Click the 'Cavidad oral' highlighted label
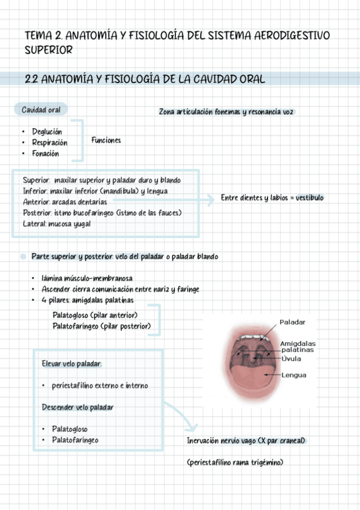click(41, 109)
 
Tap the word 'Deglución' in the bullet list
click(47, 132)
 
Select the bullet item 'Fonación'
click(46, 153)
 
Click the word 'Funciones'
click(106, 140)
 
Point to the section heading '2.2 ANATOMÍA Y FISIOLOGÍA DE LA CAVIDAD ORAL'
click(145, 79)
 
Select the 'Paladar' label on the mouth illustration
click(293, 322)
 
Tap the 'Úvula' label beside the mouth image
click(291, 358)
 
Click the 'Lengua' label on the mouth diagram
click(294, 375)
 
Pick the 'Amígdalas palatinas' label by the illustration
click(297, 346)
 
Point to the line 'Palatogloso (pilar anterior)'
click(95, 315)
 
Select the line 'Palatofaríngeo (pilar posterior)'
click(102, 326)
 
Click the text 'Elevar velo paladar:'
click(72, 364)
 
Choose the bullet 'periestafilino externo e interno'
click(100, 386)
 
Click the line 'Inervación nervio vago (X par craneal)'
click(246, 441)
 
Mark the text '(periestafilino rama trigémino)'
click(234, 462)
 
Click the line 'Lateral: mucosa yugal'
click(56, 224)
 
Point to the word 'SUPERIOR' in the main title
click(49, 51)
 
